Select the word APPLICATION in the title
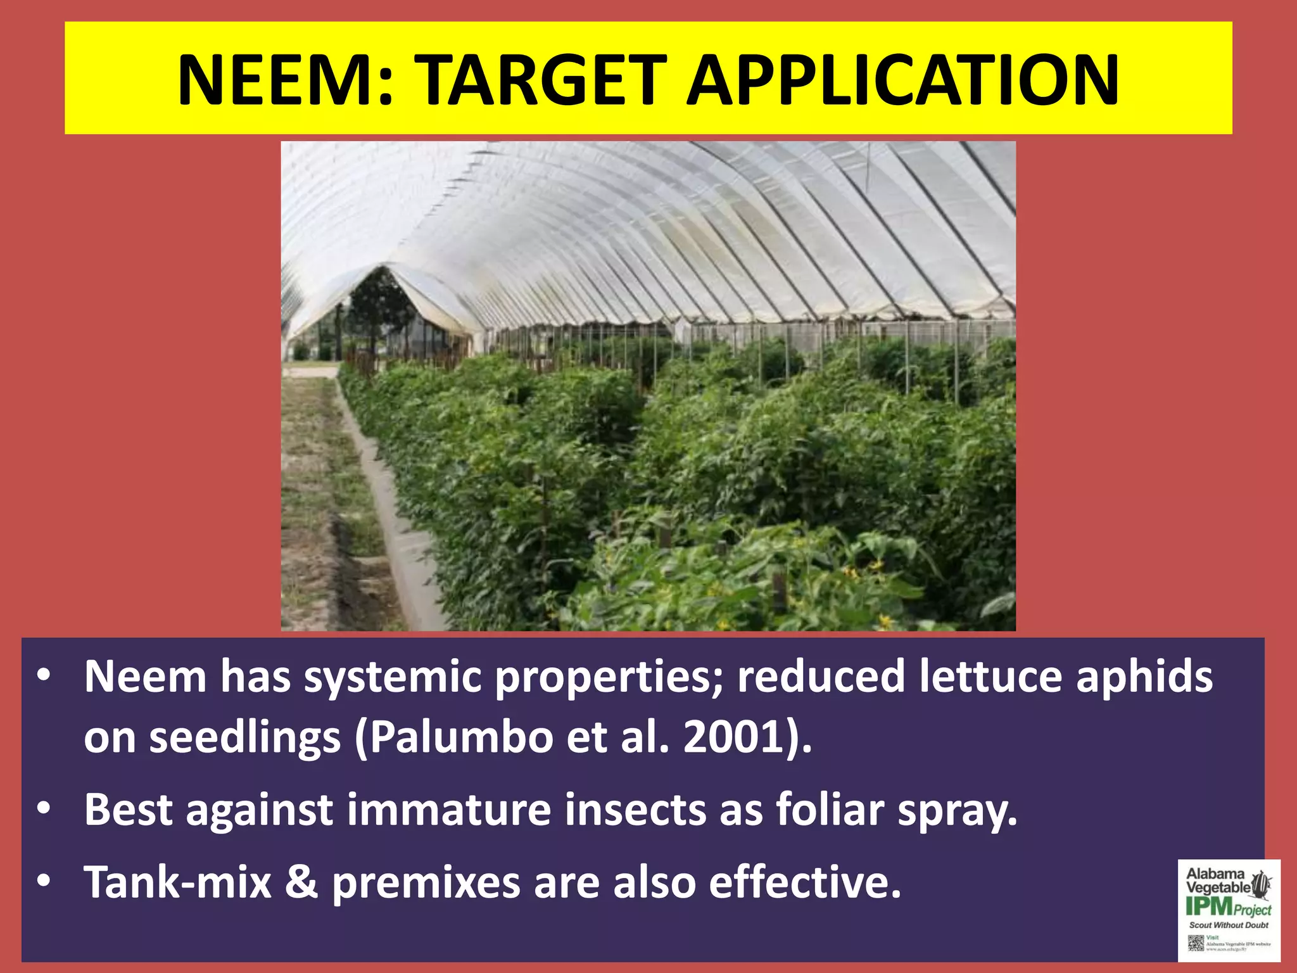(x=903, y=80)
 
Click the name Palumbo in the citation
(x=461, y=738)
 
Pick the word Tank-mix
(x=178, y=882)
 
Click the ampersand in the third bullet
(x=301, y=882)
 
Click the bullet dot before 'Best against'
(x=43, y=810)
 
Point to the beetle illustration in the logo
(x=1262, y=884)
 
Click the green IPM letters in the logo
(x=1208, y=907)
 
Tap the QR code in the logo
(x=1195, y=943)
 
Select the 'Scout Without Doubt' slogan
(x=1229, y=925)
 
